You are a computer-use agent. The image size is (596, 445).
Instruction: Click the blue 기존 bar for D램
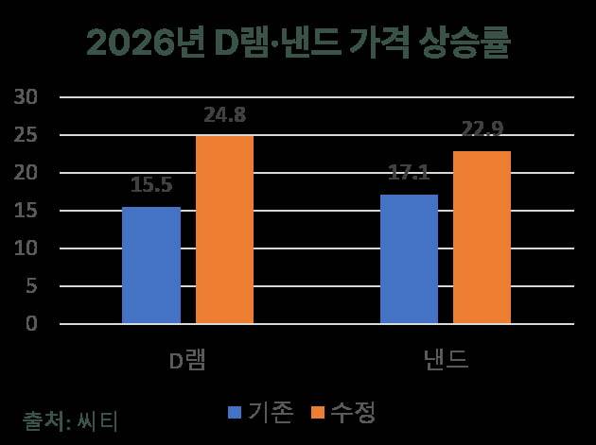[151, 265]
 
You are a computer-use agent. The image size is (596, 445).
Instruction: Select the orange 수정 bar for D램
[224, 230]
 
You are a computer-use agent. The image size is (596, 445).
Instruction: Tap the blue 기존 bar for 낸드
[409, 259]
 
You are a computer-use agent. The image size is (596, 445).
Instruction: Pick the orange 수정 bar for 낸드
[482, 237]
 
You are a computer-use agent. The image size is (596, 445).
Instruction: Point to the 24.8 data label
[224, 117]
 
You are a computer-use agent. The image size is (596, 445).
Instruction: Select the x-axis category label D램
[188, 363]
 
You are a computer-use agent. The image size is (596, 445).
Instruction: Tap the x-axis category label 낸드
[445, 363]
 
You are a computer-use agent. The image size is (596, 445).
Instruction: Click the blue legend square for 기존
[235, 413]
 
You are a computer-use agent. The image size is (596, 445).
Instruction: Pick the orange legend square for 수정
[317, 413]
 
